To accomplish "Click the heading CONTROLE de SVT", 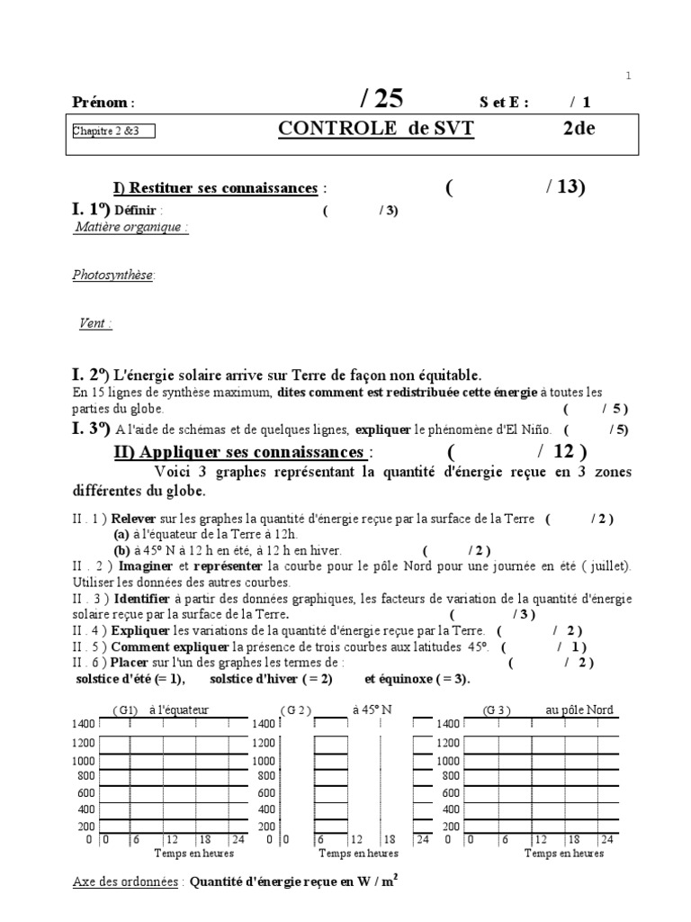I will pyautogui.click(x=375, y=130).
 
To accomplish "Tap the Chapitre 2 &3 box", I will pyautogui.click(x=113, y=131).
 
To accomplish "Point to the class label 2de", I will pyautogui.click(x=579, y=129).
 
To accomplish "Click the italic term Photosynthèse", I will pyautogui.click(x=113, y=276).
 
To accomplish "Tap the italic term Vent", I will pyautogui.click(x=95, y=323).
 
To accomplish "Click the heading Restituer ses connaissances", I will pyautogui.click(x=216, y=188).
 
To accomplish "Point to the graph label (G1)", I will pyautogui.click(x=125, y=710).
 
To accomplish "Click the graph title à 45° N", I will pyautogui.click(x=372, y=710).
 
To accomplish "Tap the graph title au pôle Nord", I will pyautogui.click(x=579, y=710).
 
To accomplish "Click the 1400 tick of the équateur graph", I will pyautogui.click(x=84, y=725).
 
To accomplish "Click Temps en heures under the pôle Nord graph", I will pyautogui.click(x=564, y=854).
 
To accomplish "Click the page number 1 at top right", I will pyautogui.click(x=628, y=77).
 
